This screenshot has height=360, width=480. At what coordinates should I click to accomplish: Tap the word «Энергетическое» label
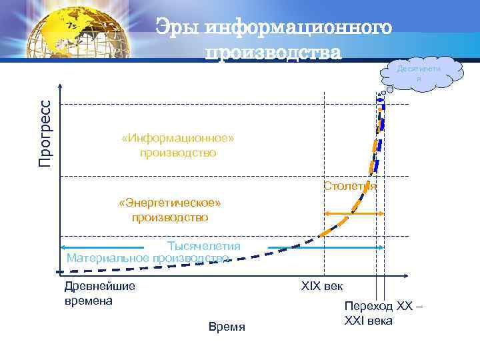[x=169, y=203]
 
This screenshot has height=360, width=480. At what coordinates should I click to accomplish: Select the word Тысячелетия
[x=203, y=246]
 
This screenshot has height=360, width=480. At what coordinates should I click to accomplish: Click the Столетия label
[x=350, y=186]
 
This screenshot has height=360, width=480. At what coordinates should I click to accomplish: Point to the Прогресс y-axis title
[x=45, y=133]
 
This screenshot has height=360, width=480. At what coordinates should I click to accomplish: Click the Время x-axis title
[x=227, y=327]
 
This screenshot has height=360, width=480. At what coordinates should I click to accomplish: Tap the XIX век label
[x=322, y=286]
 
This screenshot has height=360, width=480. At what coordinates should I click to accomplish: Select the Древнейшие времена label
[x=99, y=293]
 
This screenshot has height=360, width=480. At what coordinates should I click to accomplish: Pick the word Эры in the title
[x=178, y=28]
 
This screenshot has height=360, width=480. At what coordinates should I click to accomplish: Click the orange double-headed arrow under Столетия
[x=353, y=213]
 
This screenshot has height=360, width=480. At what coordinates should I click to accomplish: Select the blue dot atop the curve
[x=382, y=100]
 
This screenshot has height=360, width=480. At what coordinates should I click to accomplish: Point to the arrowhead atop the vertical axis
[x=61, y=87]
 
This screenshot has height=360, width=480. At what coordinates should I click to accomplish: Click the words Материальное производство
[x=148, y=258]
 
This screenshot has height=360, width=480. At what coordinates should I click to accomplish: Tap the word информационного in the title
[x=297, y=28]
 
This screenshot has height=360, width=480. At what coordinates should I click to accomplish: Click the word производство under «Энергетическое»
[x=169, y=217]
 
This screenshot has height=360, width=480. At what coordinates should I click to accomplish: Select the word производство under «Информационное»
[x=178, y=153]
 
